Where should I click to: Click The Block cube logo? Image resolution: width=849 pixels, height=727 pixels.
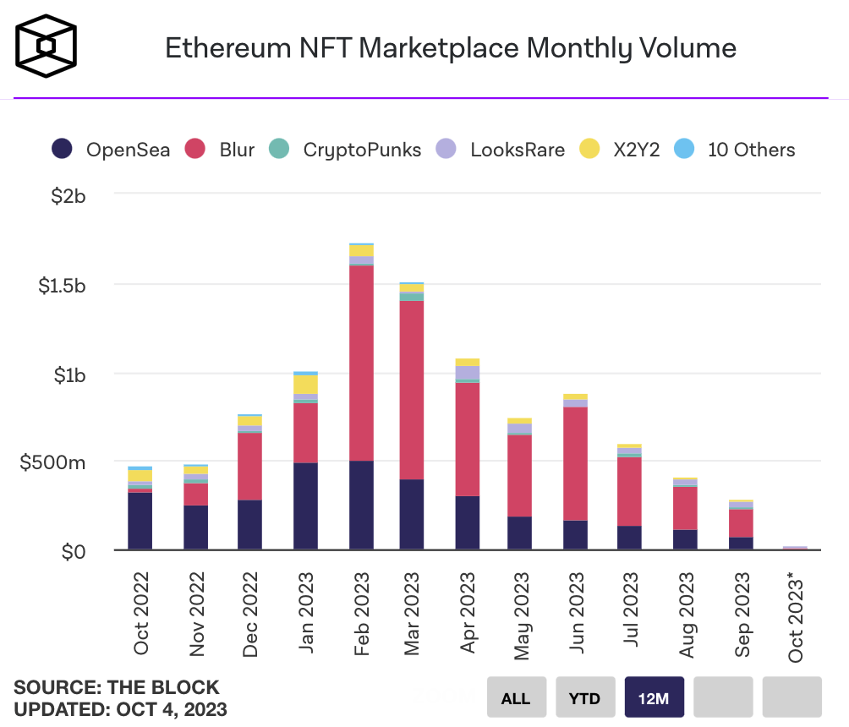tap(47, 46)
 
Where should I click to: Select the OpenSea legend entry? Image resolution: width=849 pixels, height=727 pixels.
tap(111, 150)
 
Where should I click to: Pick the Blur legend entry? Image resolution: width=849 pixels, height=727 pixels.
tap(222, 150)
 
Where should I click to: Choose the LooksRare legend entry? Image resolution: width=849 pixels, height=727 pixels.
tap(500, 150)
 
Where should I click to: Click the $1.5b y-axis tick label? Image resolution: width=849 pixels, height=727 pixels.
tap(62, 285)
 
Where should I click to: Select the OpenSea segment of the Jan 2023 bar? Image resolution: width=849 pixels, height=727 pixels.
tap(306, 506)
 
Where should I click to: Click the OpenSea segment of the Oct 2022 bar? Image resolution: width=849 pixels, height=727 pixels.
tap(140, 521)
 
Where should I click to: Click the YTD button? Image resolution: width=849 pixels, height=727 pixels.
tap(584, 698)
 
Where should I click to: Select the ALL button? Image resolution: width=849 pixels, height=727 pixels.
tap(516, 698)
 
